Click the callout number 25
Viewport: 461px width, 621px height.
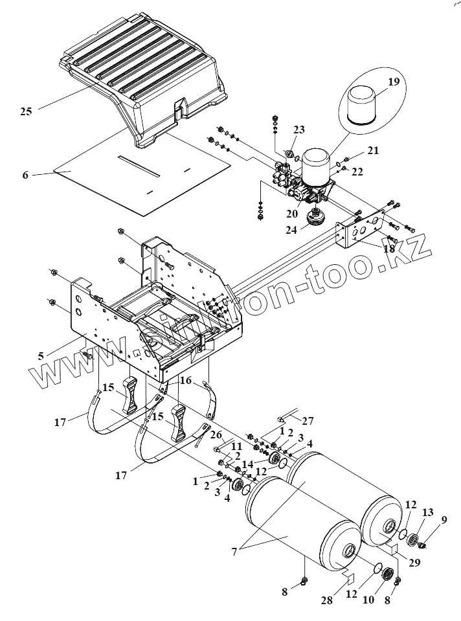(x=25, y=111)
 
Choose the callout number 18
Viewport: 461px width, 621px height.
(x=388, y=248)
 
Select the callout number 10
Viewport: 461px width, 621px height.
(x=368, y=600)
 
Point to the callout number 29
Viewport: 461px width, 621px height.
(x=414, y=562)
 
